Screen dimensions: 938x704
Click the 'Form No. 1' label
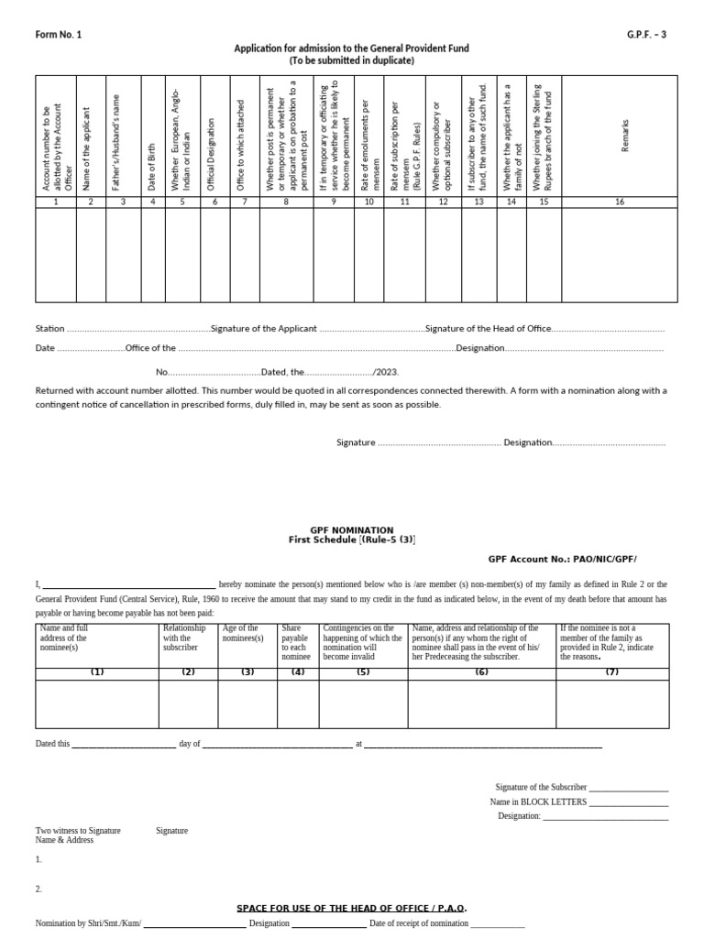(58, 34)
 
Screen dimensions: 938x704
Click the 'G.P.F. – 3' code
(645, 34)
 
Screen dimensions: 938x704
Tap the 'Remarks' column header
(626, 136)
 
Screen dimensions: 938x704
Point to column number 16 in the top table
(620, 202)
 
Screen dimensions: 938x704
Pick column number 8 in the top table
(286, 202)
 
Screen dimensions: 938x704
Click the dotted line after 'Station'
(138, 328)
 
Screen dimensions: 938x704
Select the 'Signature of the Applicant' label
(264, 328)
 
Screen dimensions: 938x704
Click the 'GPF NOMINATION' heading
(351, 529)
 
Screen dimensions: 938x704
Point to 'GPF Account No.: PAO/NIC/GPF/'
(562, 558)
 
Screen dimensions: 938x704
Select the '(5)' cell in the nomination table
(363, 672)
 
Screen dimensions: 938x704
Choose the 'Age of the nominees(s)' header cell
(247, 634)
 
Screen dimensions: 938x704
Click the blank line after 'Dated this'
(123, 744)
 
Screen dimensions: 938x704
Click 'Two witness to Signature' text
(78, 831)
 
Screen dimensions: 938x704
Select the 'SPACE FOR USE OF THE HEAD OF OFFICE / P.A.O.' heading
(352, 908)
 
